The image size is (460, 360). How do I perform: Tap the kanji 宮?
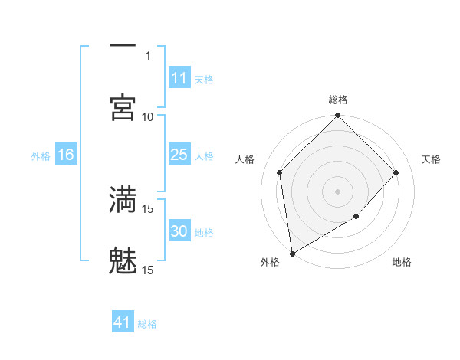pos(123,107)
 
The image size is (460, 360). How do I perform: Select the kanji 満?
pos(123,199)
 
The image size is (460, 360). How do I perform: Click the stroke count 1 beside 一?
pos(148,55)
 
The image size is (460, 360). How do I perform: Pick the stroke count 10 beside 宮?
pos(148,116)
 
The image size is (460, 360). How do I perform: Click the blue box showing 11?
pos(179,78)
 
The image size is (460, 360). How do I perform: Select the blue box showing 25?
pos(179,155)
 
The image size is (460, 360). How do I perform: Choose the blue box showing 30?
pos(179,231)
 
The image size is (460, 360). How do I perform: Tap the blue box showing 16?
pos(66,155)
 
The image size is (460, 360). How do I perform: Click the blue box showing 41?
pos(123,322)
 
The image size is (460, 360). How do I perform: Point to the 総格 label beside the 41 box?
pos(147,323)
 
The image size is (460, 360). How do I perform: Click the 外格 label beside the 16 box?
pos(41,155)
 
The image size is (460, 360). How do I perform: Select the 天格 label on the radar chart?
pos(431,159)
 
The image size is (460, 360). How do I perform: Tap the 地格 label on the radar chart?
pos(402,262)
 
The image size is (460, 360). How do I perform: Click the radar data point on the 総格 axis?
pos(337,116)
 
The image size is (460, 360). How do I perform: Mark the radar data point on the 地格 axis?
pos(356,217)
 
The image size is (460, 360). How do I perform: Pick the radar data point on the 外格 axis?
pos(292,253)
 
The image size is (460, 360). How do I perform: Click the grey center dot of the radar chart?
pos(337,191)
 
